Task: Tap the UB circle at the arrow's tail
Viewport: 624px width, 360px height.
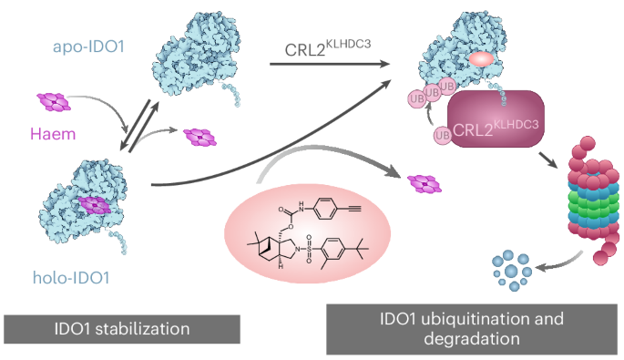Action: pos(443,136)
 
